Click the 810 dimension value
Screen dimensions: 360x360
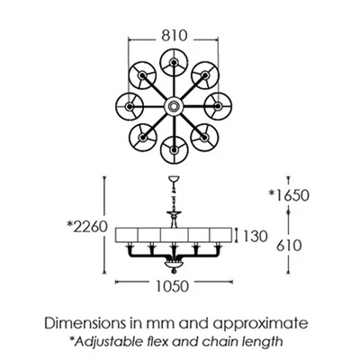click(x=175, y=36)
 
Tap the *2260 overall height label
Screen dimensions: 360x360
click(x=87, y=227)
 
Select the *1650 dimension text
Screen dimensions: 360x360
click(x=289, y=195)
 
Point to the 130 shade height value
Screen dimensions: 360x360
click(x=255, y=236)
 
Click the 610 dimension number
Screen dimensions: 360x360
click(x=289, y=246)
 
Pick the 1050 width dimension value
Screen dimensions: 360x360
click(x=172, y=286)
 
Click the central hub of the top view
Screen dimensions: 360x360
click(x=174, y=106)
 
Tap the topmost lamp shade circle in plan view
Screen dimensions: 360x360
click(x=174, y=62)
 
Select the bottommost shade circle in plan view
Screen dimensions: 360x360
click(x=174, y=149)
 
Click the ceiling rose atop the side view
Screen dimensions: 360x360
click(x=174, y=179)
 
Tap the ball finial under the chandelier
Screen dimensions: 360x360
click(x=173, y=272)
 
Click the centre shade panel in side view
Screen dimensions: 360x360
click(x=174, y=235)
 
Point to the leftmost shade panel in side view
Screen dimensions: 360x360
click(x=127, y=235)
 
